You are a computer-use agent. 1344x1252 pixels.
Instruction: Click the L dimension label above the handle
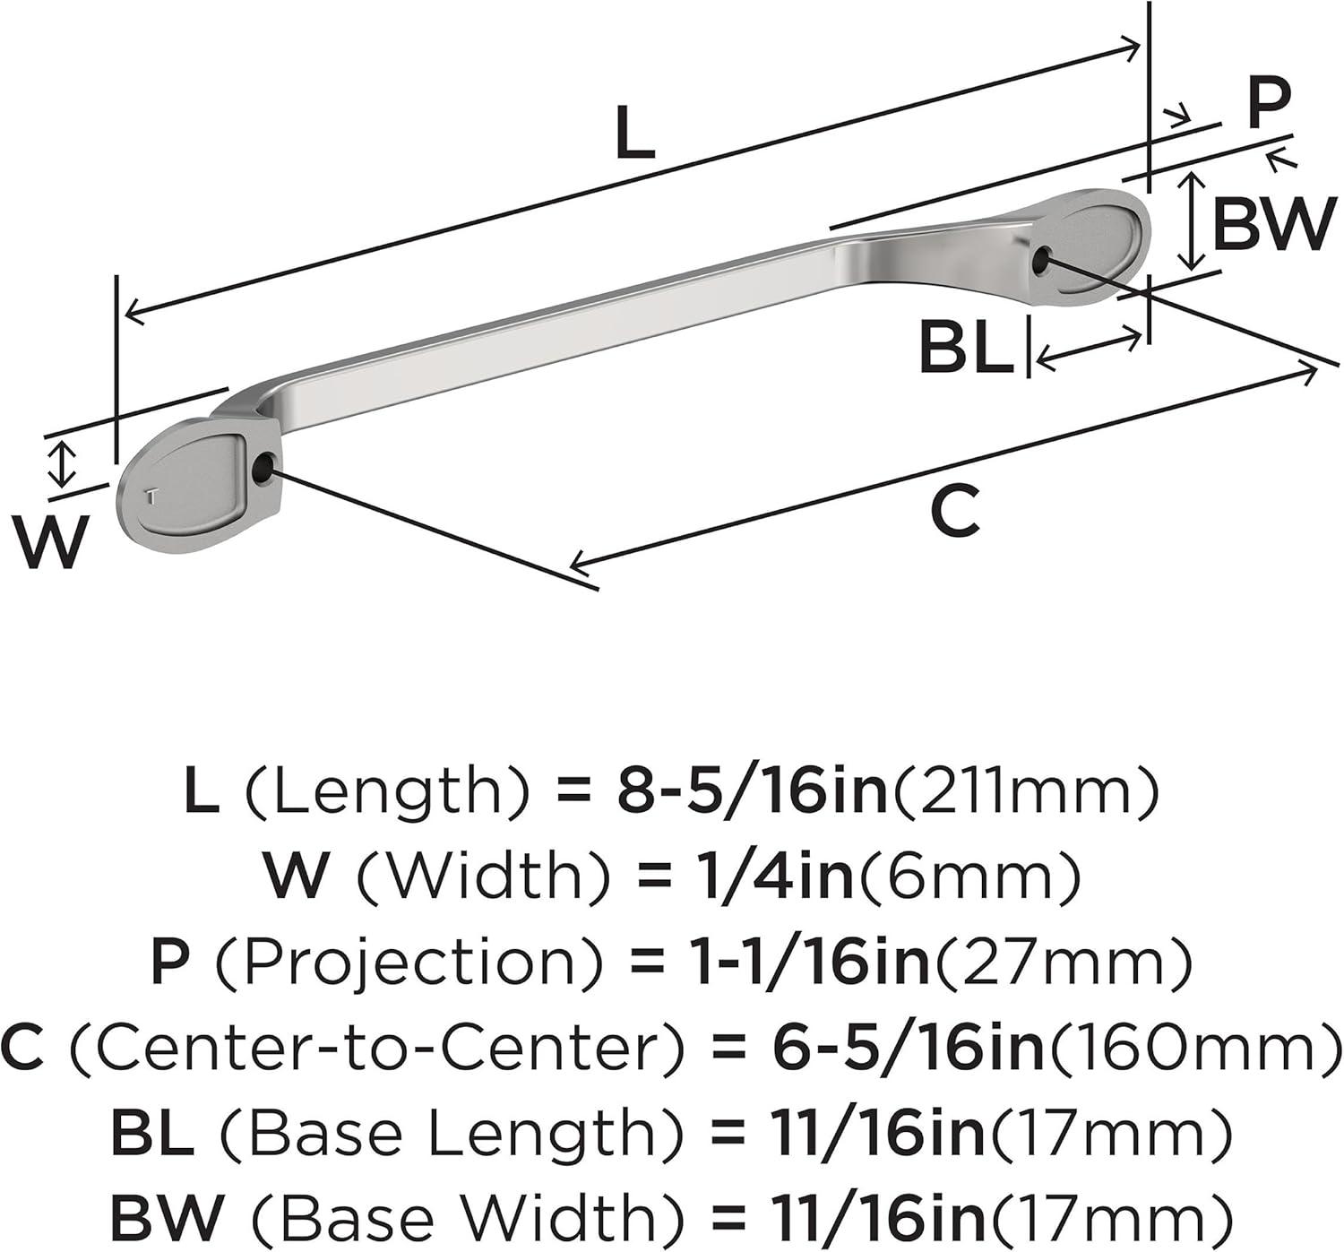(635, 134)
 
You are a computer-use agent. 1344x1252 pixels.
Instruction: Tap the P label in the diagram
(1269, 103)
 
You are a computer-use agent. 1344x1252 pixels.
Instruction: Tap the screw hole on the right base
(1043, 257)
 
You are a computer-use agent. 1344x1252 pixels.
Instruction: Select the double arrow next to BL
(1090, 348)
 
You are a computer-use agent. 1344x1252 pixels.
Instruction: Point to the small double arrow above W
(62, 463)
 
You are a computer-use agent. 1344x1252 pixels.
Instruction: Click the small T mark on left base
(153, 496)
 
